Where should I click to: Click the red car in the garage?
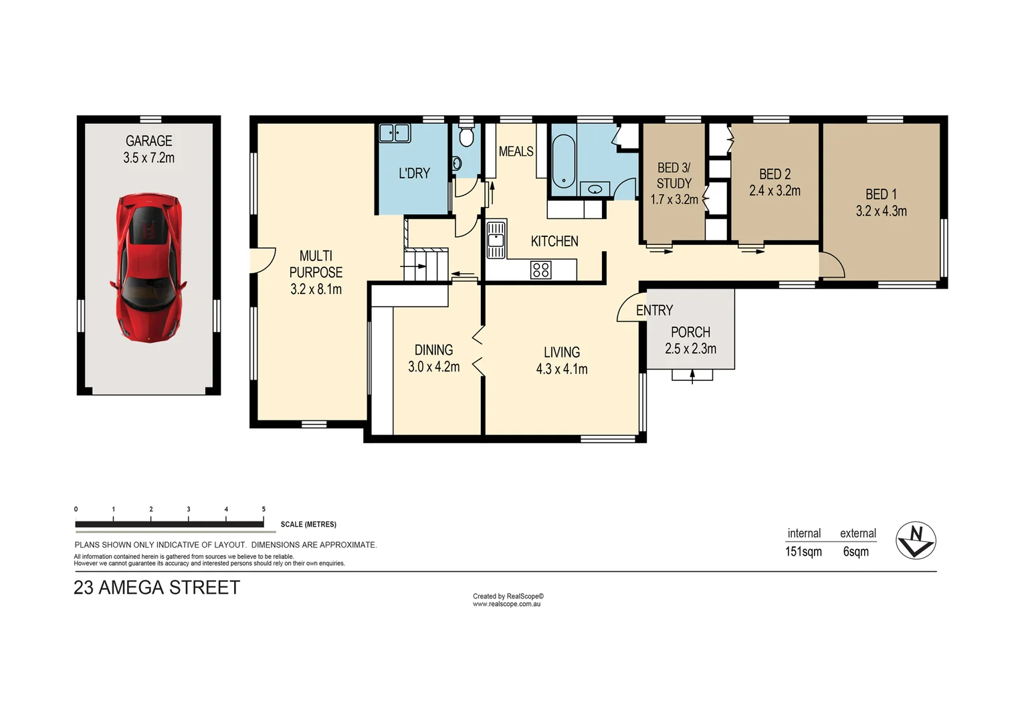148,268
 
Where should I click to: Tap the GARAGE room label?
148,141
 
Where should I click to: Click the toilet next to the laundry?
466,137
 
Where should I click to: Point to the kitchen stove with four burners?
540,270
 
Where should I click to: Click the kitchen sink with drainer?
496,240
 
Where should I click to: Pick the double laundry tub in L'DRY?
395,133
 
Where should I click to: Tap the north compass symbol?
916,540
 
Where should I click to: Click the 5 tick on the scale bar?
264,509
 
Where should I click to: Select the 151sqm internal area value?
803,552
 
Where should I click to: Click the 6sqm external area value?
855,552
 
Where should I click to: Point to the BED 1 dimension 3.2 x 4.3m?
881,211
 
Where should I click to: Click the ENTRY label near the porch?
654,310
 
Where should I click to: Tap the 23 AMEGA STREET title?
157,588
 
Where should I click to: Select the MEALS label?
516,151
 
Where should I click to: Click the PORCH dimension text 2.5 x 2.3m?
690,349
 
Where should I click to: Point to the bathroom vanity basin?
595,189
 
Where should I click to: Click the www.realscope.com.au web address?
506,604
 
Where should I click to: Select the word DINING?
433,349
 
